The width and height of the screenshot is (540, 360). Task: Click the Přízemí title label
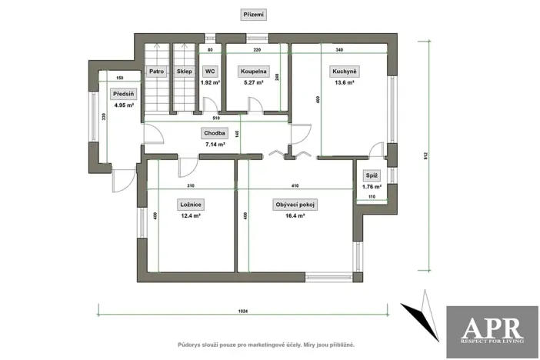[x=253, y=15]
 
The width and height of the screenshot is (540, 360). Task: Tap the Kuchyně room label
[x=343, y=72]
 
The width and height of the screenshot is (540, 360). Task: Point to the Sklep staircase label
[x=184, y=72]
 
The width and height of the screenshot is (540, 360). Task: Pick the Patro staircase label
[x=157, y=72]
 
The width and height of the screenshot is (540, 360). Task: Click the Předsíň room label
[x=123, y=95]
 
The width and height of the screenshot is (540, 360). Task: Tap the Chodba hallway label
[x=215, y=132]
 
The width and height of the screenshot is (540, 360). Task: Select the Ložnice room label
[x=190, y=205]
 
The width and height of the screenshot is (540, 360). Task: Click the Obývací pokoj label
[x=296, y=205]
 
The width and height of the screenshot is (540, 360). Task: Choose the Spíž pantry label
[x=372, y=175]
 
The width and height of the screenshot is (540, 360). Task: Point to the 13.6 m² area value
[x=343, y=82]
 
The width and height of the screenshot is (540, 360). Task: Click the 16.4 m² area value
[x=296, y=216]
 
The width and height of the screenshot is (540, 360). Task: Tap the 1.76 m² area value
[x=372, y=186]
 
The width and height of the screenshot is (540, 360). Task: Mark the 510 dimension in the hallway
[x=216, y=119]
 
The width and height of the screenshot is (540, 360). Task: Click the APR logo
[x=492, y=332]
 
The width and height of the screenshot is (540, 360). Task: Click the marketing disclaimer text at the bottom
[x=266, y=345]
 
